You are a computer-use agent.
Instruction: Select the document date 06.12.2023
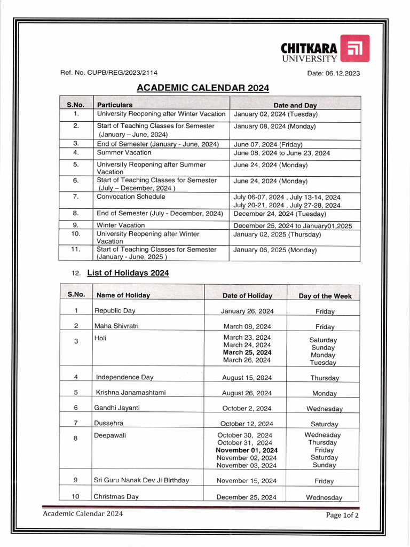coord(333,73)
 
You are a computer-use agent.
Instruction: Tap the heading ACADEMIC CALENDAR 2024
coord(202,88)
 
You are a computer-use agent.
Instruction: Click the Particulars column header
coord(114,105)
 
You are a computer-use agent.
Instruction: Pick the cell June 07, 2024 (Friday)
coord(268,144)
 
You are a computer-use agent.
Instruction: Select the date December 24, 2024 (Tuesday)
coord(279,214)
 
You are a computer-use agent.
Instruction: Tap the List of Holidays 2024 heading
coord(128,273)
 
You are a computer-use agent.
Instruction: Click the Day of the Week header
coord(325,296)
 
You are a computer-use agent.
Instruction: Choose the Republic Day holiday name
coord(115,310)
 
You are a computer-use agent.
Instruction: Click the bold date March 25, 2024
coord(247,353)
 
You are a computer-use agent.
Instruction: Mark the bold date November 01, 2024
coord(247,450)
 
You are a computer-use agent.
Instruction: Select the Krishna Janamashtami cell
coord(130,393)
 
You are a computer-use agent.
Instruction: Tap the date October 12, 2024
coord(246,424)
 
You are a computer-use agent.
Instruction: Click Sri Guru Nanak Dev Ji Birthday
coord(141,480)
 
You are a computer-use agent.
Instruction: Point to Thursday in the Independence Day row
coord(325,378)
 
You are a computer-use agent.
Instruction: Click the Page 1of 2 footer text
coord(342,515)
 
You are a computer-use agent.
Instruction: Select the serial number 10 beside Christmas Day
coord(76,496)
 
